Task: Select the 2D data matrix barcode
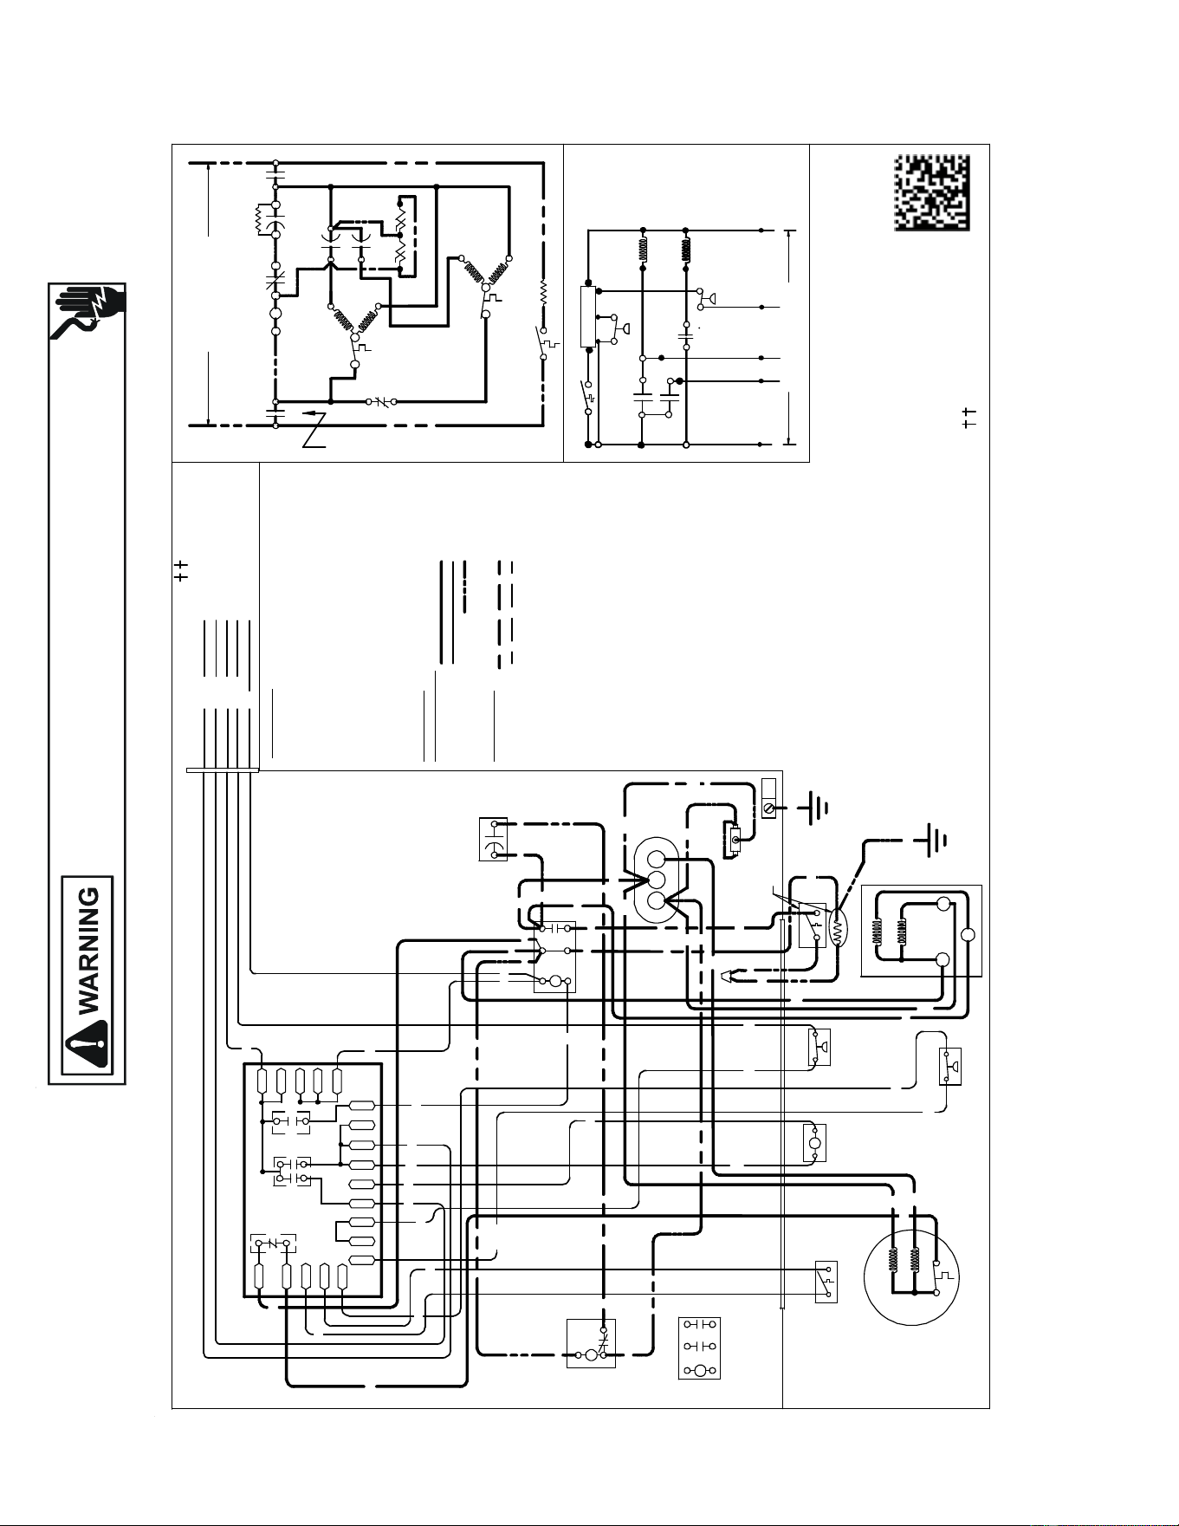point(931,193)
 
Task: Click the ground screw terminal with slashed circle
point(768,808)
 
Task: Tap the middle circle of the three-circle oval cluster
point(656,880)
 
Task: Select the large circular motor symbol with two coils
point(910,1276)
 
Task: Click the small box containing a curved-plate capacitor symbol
point(493,839)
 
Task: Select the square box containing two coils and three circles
point(921,931)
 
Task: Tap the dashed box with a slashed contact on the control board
point(273,1244)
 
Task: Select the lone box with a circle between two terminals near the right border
point(814,1143)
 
